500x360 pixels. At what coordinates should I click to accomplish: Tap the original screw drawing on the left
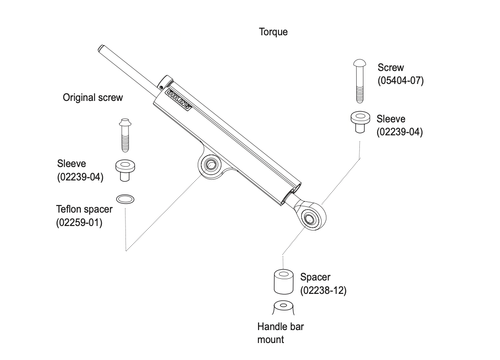(124, 131)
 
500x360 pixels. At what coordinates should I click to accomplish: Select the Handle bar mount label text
(284, 333)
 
